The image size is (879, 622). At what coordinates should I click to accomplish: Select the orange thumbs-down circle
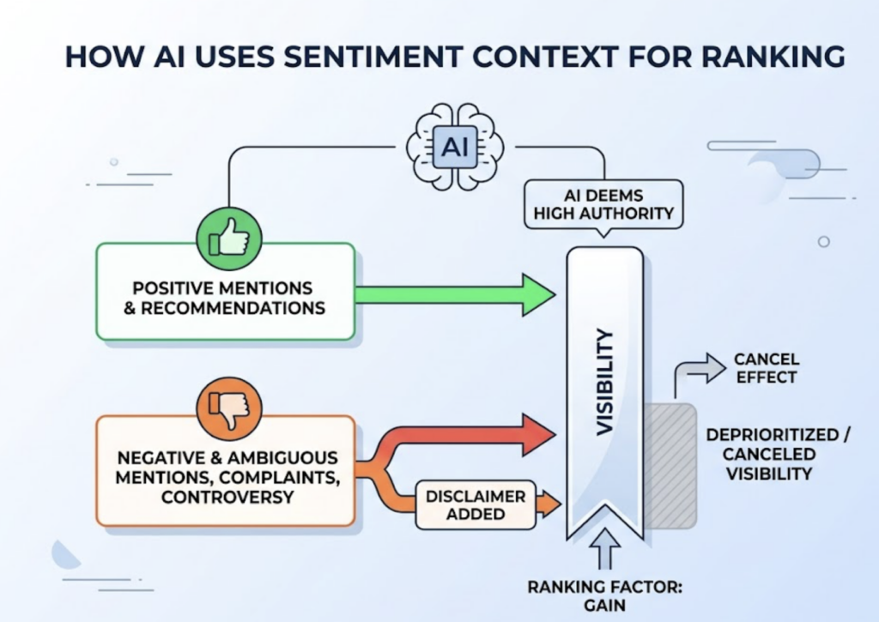[x=226, y=410]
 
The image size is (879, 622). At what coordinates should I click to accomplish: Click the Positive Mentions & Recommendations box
[x=225, y=297]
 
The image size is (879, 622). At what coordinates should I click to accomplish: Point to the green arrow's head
[x=539, y=296]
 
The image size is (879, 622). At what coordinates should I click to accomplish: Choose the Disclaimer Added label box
[x=475, y=505]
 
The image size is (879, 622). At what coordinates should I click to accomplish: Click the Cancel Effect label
[x=766, y=367]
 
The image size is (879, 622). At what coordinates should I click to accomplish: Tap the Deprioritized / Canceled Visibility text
[x=778, y=454]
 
